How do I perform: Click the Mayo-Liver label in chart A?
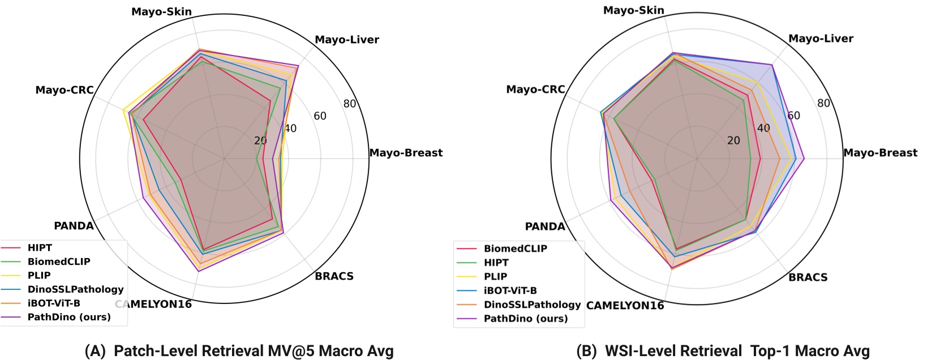(x=346, y=40)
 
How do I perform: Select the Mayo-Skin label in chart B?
(x=634, y=10)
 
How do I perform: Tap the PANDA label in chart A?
(x=74, y=226)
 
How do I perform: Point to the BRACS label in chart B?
(x=808, y=277)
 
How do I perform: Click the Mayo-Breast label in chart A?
(x=406, y=153)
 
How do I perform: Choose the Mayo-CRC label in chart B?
(x=535, y=89)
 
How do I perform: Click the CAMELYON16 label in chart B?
(x=625, y=306)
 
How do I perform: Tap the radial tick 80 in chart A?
(x=350, y=104)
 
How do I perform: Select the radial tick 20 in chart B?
(x=733, y=140)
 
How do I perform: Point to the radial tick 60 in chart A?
(x=320, y=116)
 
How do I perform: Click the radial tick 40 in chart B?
(x=763, y=128)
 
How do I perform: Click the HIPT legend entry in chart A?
(x=40, y=248)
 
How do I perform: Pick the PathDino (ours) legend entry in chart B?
(x=525, y=319)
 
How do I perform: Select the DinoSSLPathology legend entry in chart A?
(x=75, y=289)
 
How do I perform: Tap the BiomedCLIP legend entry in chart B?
(x=515, y=248)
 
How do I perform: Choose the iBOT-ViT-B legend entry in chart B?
(x=510, y=290)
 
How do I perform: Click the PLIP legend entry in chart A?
(x=39, y=276)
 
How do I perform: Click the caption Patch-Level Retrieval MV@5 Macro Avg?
(x=239, y=351)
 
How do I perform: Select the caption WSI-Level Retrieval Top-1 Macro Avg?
(x=723, y=351)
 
